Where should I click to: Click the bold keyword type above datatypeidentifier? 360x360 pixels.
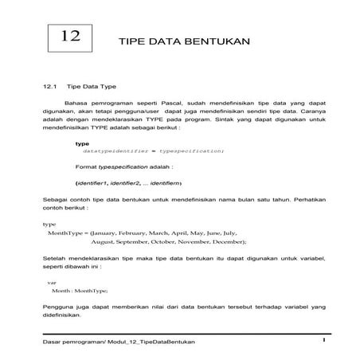(81, 143)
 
